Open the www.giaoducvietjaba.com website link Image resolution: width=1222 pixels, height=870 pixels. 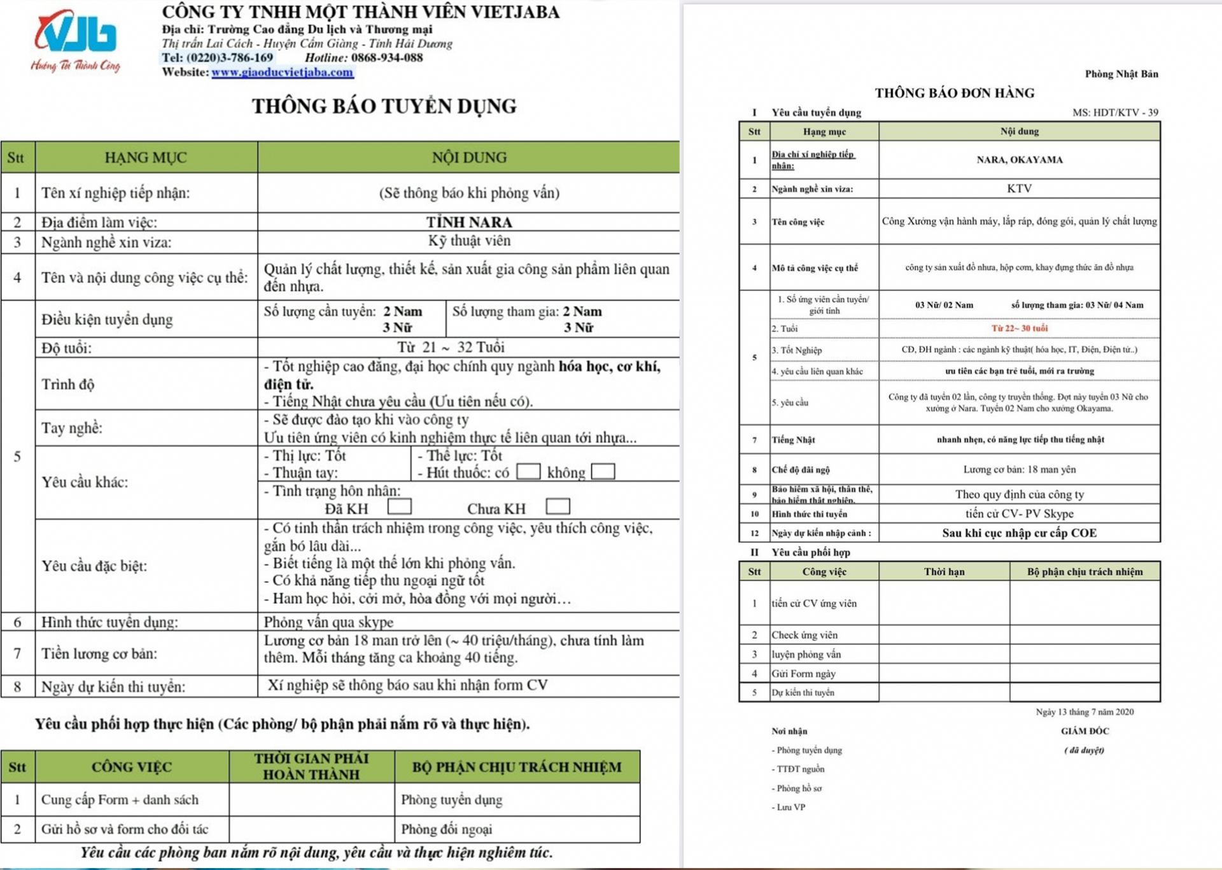[x=282, y=73]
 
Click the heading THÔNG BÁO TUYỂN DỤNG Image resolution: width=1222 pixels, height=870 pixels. [x=384, y=106]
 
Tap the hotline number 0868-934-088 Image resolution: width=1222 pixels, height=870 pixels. [x=386, y=58]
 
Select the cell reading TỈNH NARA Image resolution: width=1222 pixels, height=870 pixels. [x=468, y=222]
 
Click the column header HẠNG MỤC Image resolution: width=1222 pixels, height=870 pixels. [x=146, y=158]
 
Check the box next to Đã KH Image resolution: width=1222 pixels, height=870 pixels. [x=400, y=507]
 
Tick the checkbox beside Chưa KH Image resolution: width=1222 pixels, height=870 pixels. [x=558, y=507]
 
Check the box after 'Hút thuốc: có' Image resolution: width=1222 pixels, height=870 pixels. [x=528, y=472]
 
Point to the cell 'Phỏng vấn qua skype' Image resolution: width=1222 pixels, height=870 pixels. [x=328, y=622]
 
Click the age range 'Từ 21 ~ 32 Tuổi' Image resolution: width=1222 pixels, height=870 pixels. [x=451, y=348]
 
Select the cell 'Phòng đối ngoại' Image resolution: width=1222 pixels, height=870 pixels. [x=447, y=829]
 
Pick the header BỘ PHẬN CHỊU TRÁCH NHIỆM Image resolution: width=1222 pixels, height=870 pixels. [x=516, y=767]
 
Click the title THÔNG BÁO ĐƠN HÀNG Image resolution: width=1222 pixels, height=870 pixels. [x=954, y=93]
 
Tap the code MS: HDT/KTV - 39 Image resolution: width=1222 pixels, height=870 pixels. [x=1114, y=113]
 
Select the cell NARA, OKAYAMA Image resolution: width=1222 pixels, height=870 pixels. [x=1019, y=160]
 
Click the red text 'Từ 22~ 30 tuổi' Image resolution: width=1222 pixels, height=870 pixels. [x=1019, y=329]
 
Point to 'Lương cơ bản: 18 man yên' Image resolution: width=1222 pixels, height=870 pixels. [x=1019, y=470]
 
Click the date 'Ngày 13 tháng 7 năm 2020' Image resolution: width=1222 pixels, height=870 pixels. [x=1084, y=712]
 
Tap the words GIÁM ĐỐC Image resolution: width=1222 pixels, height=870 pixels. [x=1085, y=731]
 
